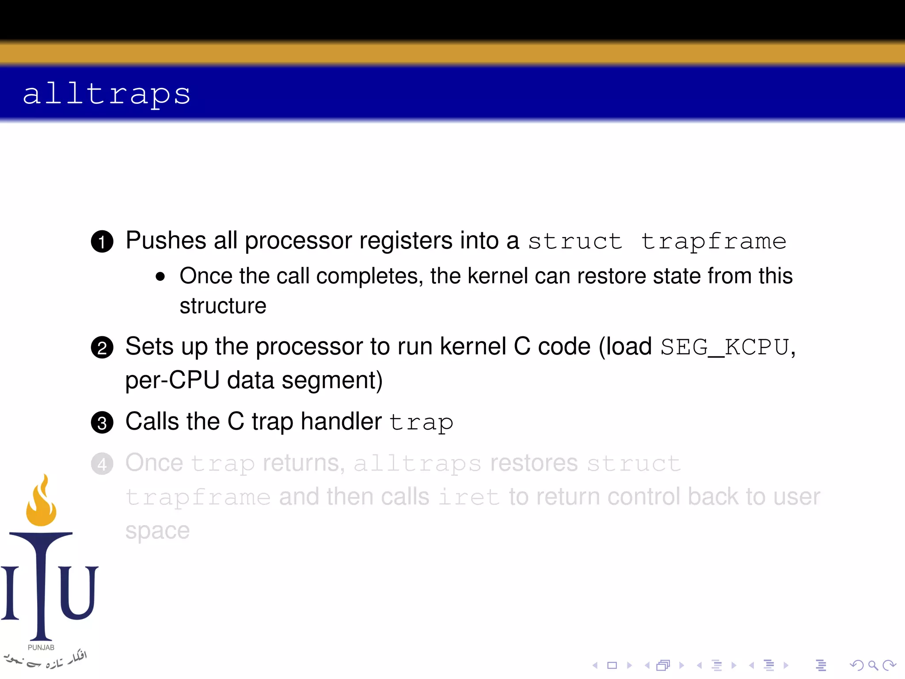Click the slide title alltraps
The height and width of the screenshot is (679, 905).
(x=106, y=94)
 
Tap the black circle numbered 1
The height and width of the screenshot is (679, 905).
(x=102, y=241)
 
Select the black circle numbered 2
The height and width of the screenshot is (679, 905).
(x=102, y=347)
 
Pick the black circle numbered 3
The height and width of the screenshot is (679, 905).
(x=102, y=423)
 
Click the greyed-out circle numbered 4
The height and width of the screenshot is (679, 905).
(x=102, y=464)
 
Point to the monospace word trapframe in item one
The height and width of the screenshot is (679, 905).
(x=713, y=241)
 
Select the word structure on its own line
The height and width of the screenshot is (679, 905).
(x=223, y=306)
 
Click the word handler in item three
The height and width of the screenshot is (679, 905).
(x=341, y=421)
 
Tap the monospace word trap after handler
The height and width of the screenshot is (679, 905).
(x=421, y=423)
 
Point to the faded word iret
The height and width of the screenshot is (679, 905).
(x=468, y=497)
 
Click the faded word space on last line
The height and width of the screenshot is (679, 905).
(x=157, y=531)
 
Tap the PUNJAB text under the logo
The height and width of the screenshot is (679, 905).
(x=41, y=647)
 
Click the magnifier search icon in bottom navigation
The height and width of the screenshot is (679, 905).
(x=872, y=665)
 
